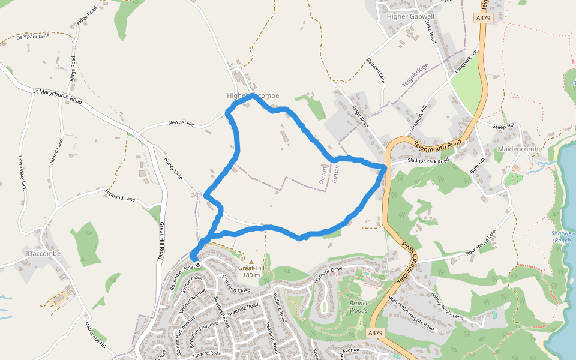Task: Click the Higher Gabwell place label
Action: coord(411,16)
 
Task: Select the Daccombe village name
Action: coord(44,254)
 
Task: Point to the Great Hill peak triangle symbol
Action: coord(251,262)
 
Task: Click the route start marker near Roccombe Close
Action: coord(197,265)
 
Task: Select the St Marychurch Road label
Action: coord(58,96)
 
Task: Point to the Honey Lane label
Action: coord(174,168)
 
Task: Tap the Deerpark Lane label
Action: coord(33,37)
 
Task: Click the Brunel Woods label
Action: coord(358,307)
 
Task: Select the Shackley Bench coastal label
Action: coord(563,236)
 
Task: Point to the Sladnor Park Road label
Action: coord(428,161)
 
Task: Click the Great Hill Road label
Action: coord(162,240)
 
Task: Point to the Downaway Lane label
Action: coord(23,173)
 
